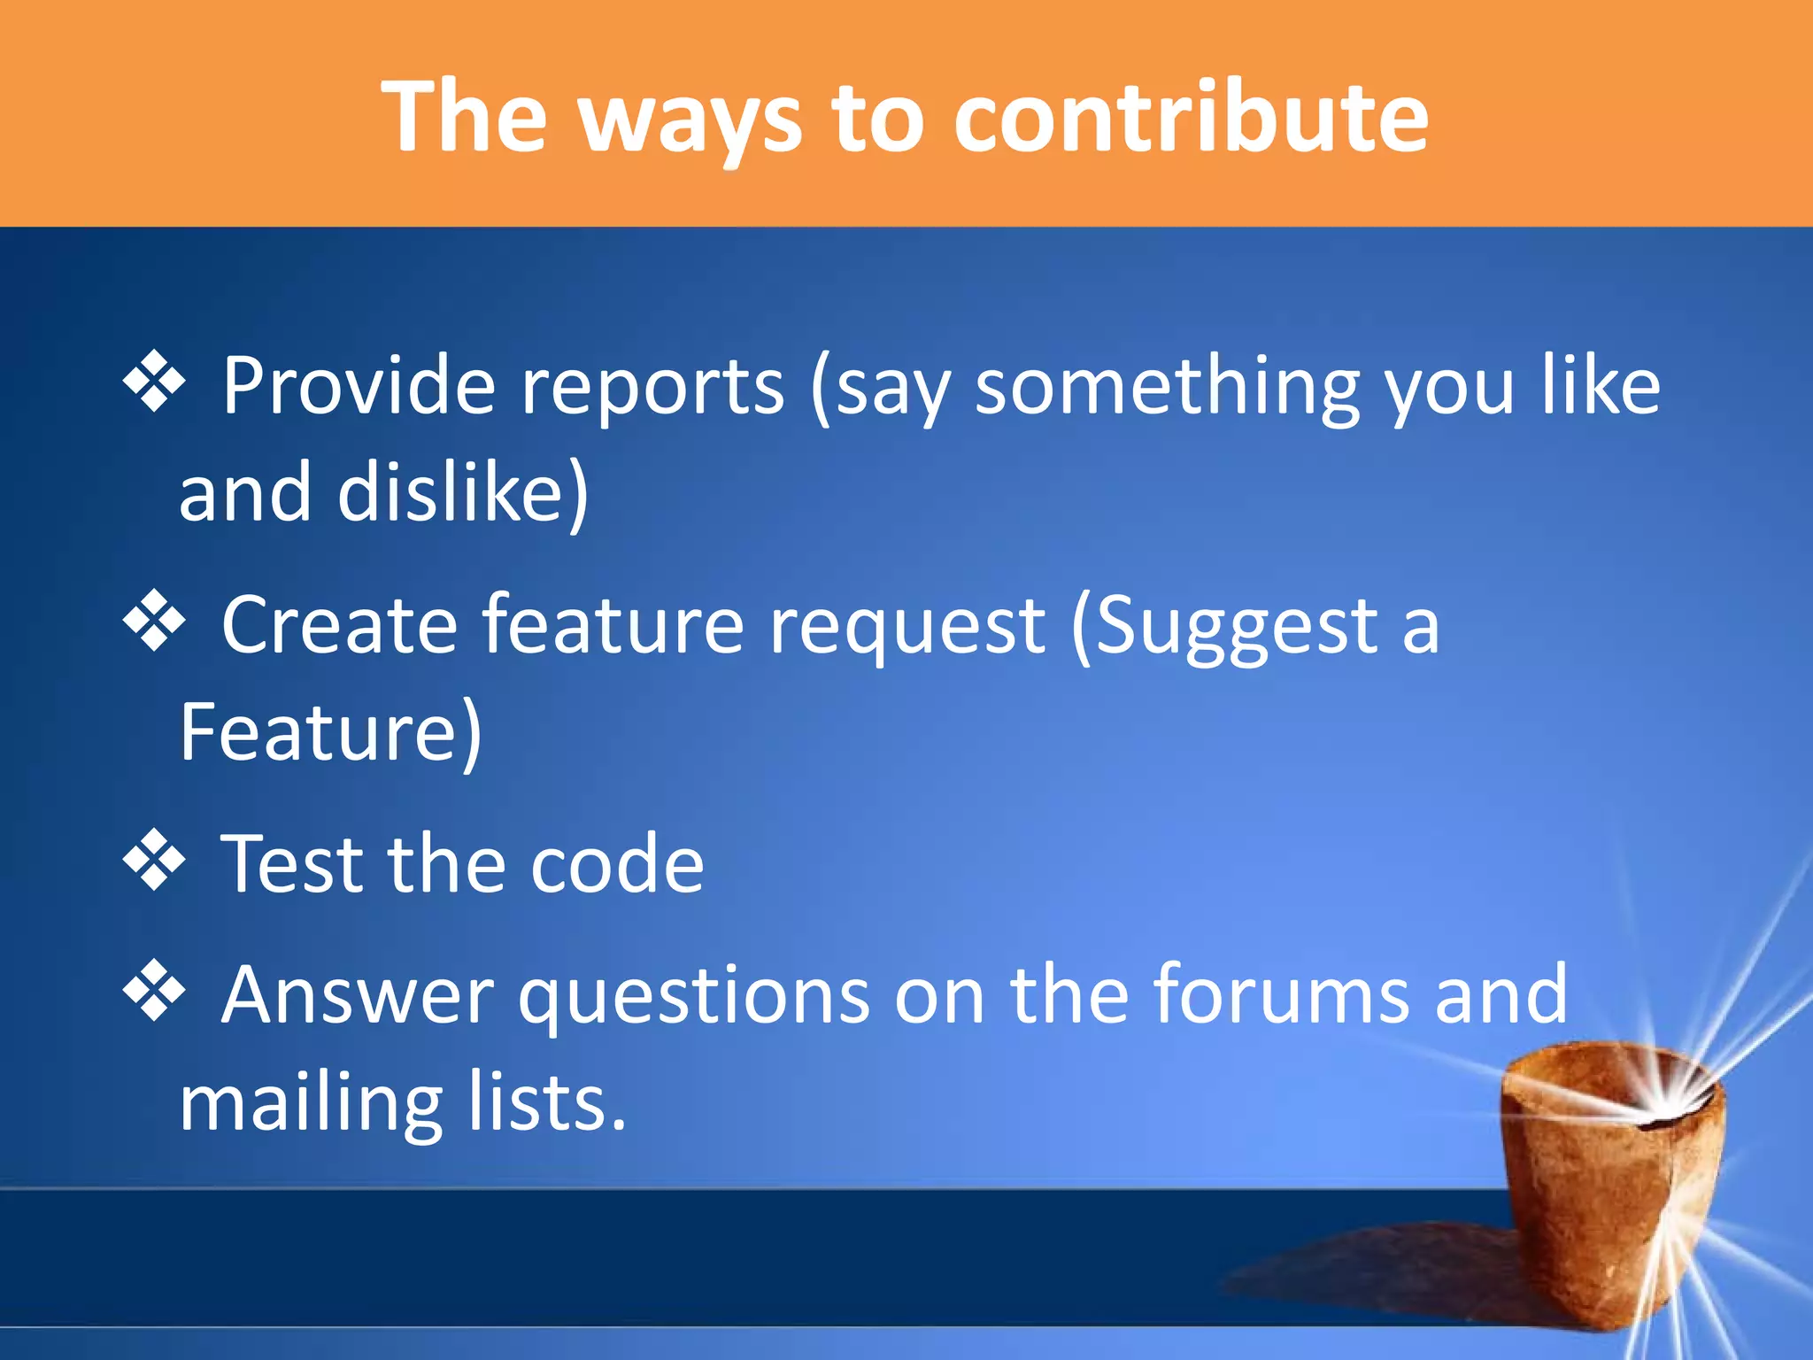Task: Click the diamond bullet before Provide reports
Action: [x=154, y=382]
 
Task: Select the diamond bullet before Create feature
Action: [x=154, y=621]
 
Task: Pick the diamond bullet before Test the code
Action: [x=154, y=859]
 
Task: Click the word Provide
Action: [x=358, y=385]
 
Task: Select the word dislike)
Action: [x=462, y=492]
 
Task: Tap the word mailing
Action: [x=310, y=1106]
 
